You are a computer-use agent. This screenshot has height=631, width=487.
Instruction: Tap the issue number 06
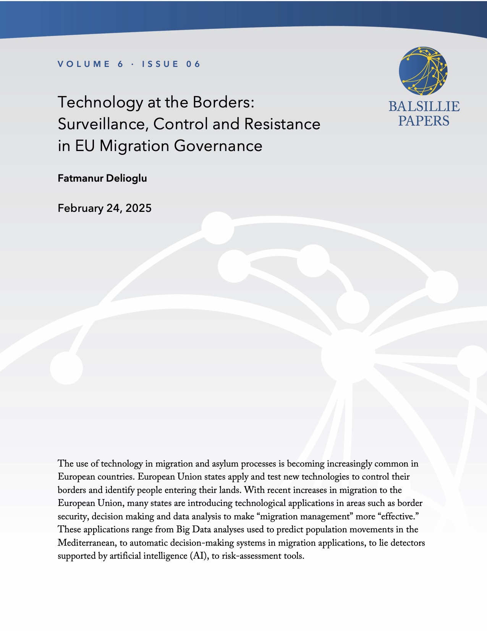coord(193,64)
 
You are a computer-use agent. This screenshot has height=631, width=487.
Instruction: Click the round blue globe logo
coord(423,71)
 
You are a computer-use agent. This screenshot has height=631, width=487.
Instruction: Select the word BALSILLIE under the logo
coord(424,106)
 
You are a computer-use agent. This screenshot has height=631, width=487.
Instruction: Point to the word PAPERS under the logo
coord(424,121)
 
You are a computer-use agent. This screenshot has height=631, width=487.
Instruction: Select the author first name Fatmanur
coord(79,178)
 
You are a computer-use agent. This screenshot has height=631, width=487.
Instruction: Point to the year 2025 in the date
coord(139,208)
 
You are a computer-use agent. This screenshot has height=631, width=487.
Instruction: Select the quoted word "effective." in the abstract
coord(398,517)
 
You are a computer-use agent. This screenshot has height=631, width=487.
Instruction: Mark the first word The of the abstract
coord(65,464)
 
